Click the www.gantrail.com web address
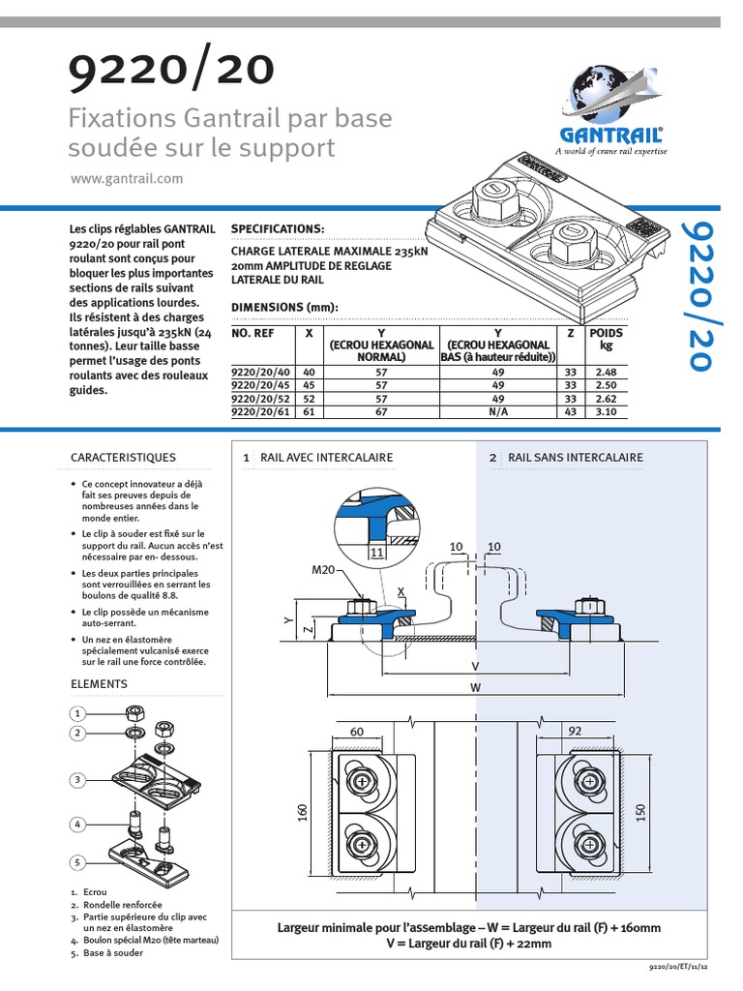[127, 179]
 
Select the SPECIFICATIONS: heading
[279, 228]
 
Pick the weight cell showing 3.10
[607, 411]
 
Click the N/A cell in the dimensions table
[497, 411]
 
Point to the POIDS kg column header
[607, 339]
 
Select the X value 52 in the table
[309, 398]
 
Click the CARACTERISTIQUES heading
[124, 457]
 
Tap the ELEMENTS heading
[99, 683]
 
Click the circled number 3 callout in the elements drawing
[77, 779]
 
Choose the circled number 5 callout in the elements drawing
[77, 861]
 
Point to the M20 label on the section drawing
[322, 570]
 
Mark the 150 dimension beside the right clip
[639, 814]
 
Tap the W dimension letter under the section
[474, 688]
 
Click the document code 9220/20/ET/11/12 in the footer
[679, 966]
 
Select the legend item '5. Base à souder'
[106, 952]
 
